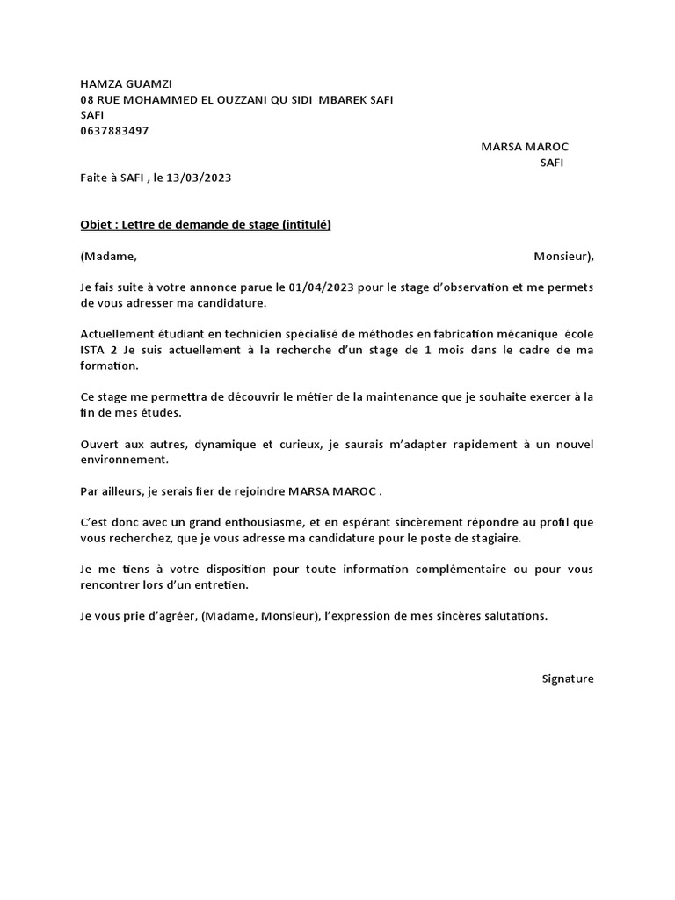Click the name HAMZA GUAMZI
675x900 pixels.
point(132,84)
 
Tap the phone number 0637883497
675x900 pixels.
point(114,131)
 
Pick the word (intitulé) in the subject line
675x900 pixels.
point(306,225)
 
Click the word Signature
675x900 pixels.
point(568,679)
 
